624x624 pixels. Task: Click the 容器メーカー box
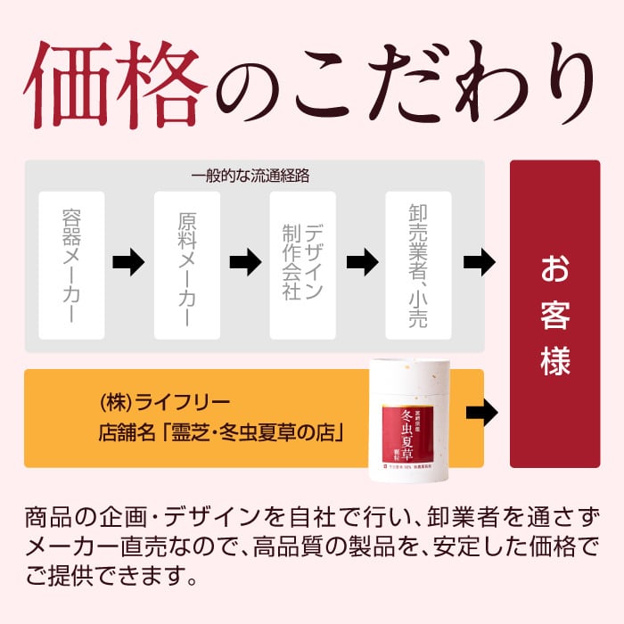(71, 265)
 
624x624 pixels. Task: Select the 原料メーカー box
(187, 265)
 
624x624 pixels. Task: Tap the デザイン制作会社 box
(302, 265)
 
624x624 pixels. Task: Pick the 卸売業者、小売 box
(418, 265)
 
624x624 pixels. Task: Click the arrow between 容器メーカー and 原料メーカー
(129, 263)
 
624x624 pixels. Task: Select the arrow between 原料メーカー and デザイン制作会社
(245, 263)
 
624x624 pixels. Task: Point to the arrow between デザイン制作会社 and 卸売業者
(361, 263)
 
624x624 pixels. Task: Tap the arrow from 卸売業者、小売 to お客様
(480, 263)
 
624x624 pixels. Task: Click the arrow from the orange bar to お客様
(481, 413)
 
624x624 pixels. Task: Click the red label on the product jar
(415, 428)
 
